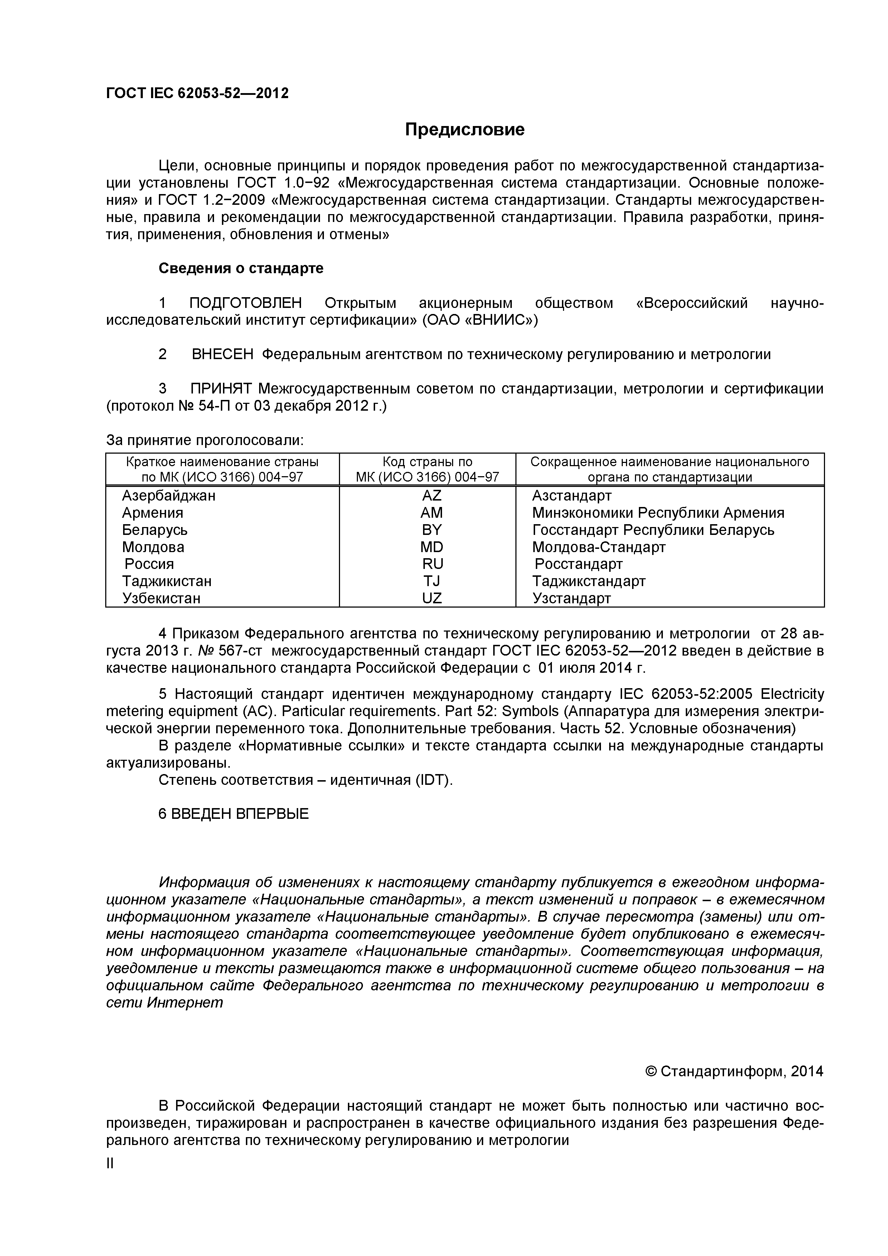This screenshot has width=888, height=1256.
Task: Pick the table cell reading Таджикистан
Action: tap(167, 581)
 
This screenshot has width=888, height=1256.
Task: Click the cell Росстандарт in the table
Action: tap(578, 564)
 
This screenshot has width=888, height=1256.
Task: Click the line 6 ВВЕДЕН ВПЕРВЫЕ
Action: tap(233, 814)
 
